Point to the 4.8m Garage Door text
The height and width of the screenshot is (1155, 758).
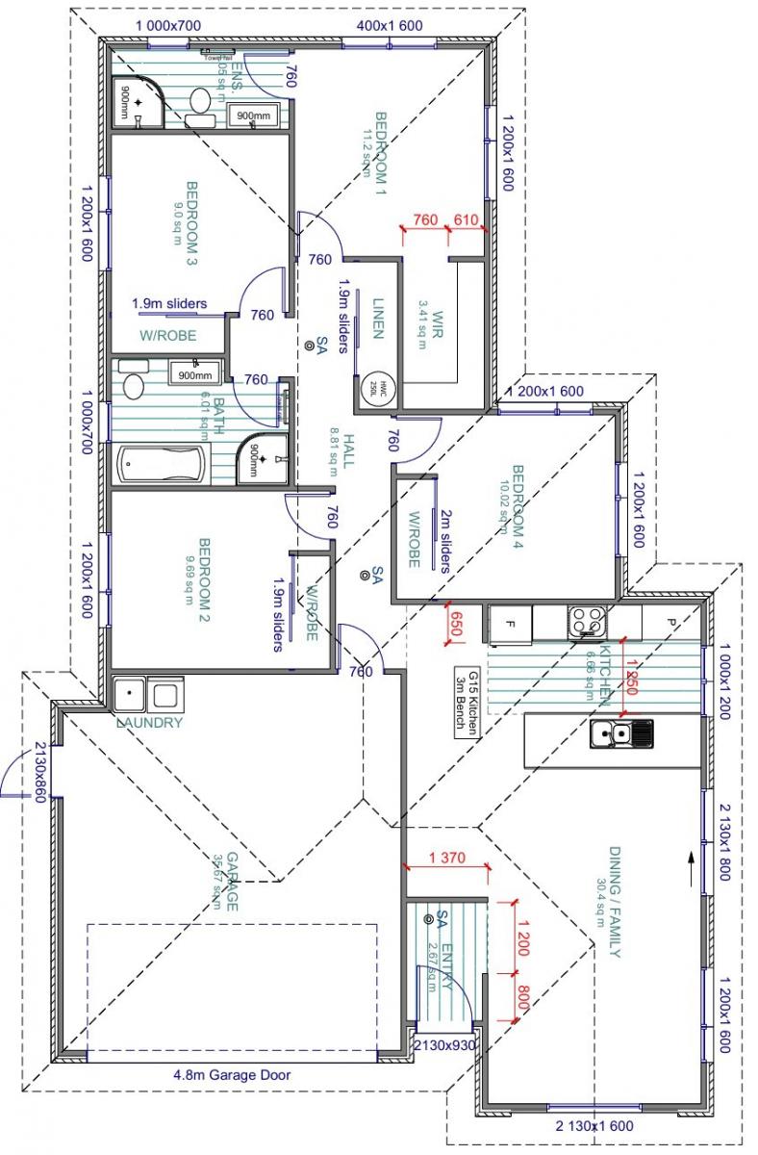point(232,1075)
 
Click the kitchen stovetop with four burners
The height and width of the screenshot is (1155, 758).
point(585,621)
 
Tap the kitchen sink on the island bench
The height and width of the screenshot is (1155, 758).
point(621,734)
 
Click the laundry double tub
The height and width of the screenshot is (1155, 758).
point(147,694)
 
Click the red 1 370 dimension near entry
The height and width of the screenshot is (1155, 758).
point(445,858)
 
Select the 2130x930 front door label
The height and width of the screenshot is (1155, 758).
point(444,1045)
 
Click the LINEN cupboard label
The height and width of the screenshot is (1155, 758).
point(378,317)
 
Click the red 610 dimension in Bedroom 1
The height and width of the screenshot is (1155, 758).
point(467,220)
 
